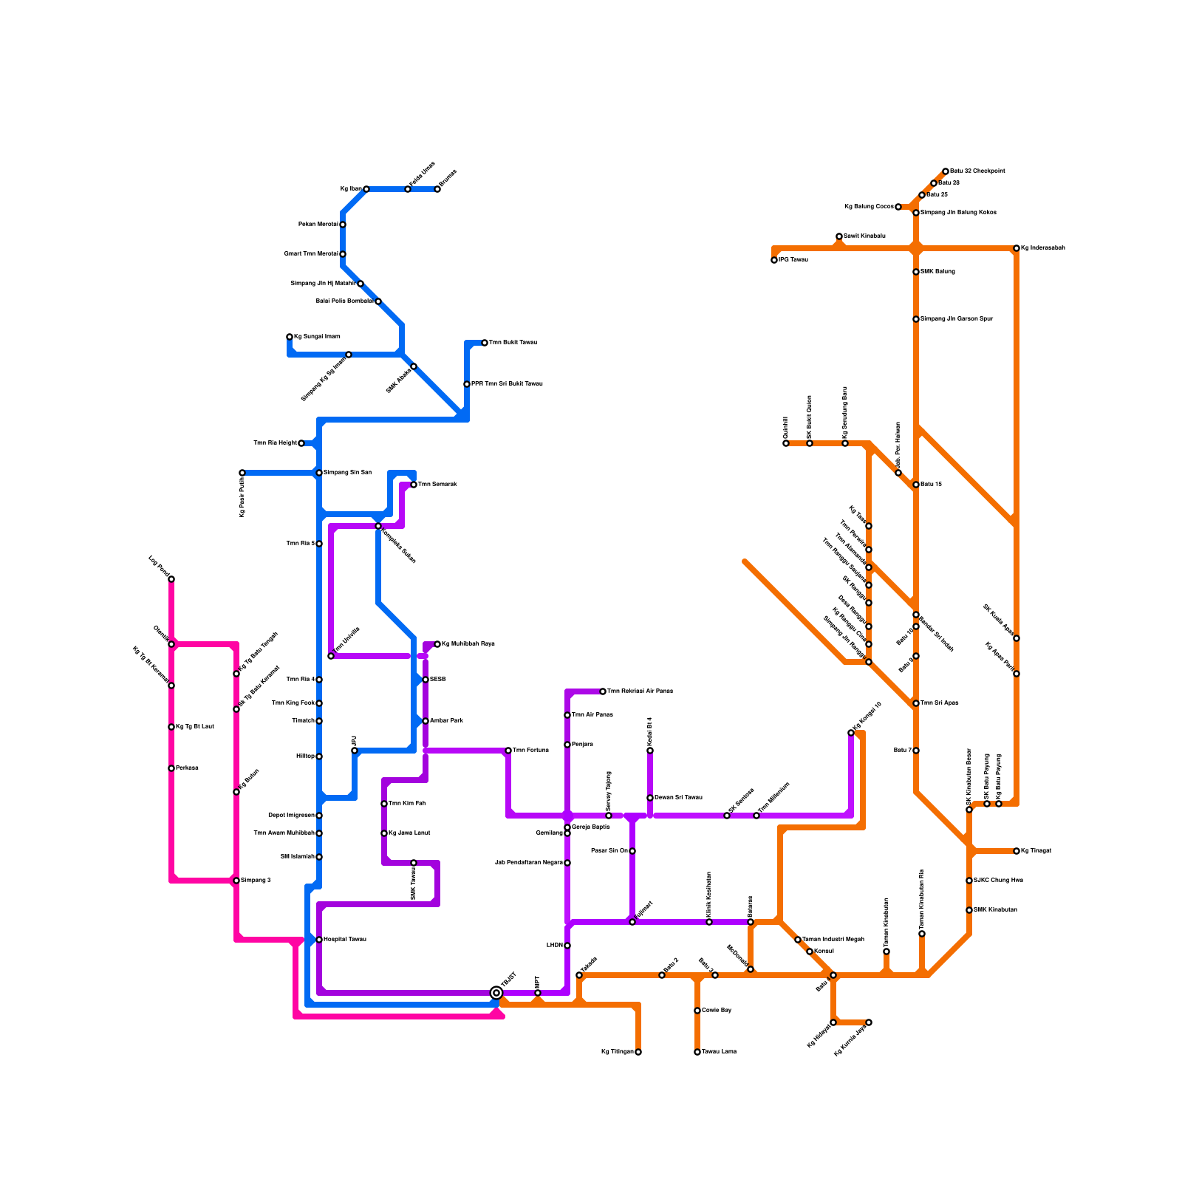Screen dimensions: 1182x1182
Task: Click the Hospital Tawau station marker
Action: pos(319,940)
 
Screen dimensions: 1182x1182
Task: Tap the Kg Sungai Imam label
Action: pos(317,337)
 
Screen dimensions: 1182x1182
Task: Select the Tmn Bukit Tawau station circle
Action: pos(485,343)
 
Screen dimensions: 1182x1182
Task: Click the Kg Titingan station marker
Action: pos(638,1052)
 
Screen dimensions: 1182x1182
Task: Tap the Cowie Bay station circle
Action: pos(697,1011)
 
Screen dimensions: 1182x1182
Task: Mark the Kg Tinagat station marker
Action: pos(1017,851)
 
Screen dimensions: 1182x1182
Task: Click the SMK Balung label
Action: pos(937,272)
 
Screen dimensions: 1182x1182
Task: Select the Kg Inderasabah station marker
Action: pos(1017,248)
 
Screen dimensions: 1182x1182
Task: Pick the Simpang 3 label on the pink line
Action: pos(256,881)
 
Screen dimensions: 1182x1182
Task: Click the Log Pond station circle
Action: pos(171,579)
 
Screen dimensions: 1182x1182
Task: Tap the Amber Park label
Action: pos(446,721)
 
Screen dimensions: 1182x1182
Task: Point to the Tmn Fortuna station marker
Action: pos(508,751)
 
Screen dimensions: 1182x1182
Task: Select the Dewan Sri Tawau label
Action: pos(678,798)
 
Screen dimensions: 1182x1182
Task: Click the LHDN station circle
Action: pos(567,946)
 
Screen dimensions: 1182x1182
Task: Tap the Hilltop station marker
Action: pos(319,756)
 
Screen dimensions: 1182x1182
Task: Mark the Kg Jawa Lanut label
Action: pos(409,833)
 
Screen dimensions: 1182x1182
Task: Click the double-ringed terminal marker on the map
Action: pos(496,993)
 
